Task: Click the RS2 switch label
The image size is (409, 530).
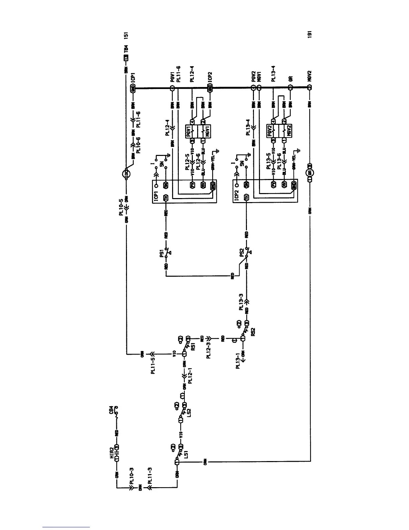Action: point(253,330)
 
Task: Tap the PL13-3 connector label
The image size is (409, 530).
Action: point(241,302)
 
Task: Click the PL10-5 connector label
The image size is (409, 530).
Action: point(122,208)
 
